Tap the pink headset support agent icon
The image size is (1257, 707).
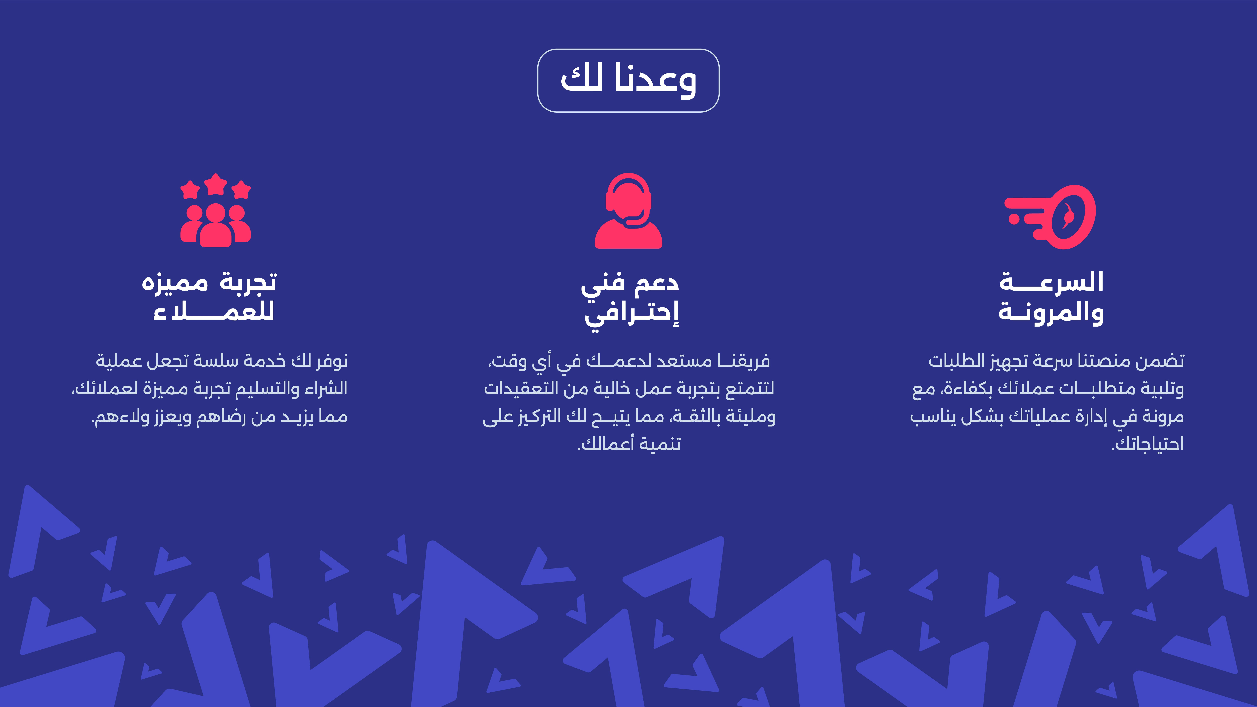point(628,211)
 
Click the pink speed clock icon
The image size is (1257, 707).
point(1050,217)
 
